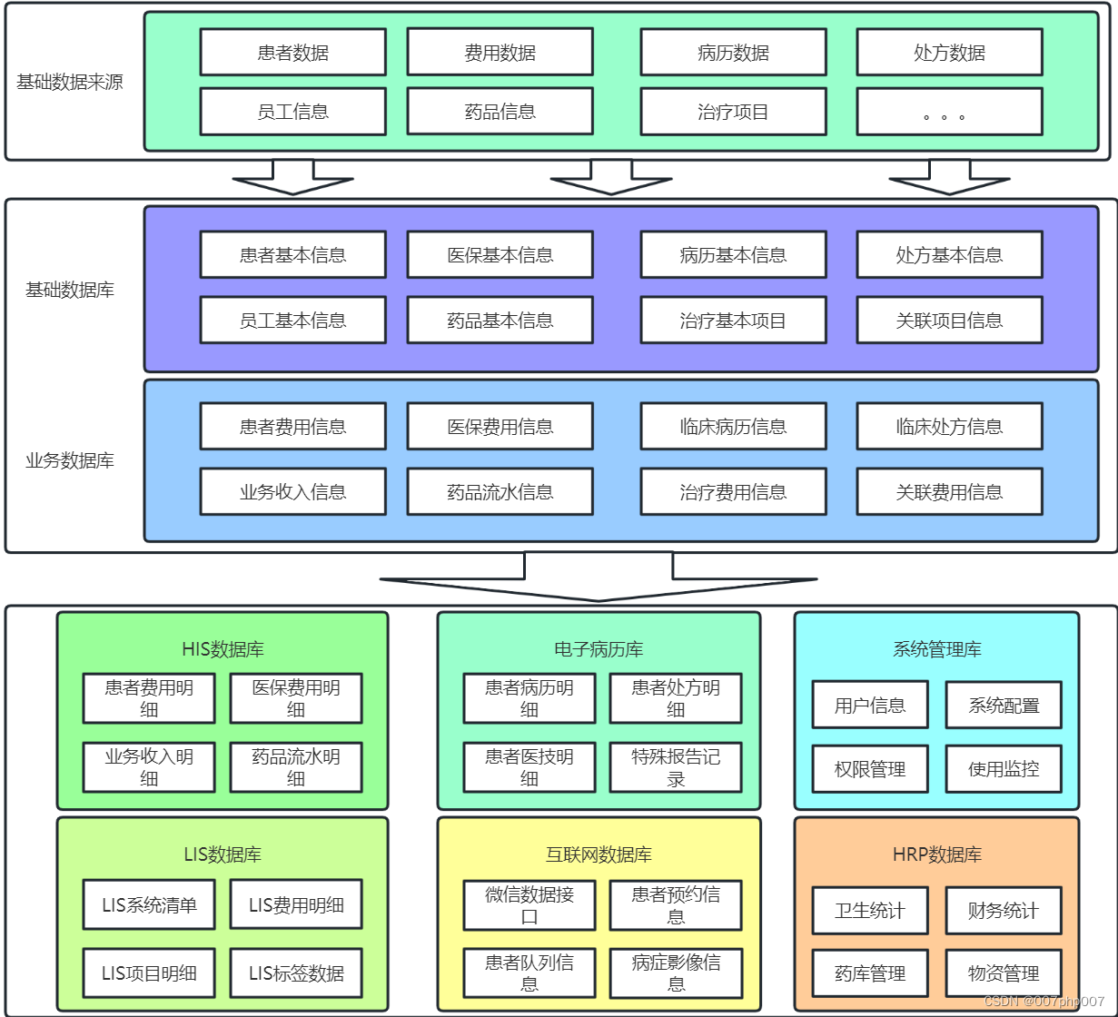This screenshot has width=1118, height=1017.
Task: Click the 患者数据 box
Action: tap(292, 53)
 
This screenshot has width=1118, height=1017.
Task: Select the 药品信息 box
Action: tap(500, 112)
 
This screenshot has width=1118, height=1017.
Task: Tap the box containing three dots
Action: tap(949, 112)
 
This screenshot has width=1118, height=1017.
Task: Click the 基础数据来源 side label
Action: tap(70, 83)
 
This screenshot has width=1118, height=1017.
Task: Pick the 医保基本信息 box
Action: tap(500, 255)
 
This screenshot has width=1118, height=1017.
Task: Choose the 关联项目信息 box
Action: tap(949, 321)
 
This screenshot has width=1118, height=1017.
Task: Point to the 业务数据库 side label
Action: tap(70, 460)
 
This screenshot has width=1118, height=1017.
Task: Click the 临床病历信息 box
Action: tap(733, 427)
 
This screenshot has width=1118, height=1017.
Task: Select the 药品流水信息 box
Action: tap(500, 492)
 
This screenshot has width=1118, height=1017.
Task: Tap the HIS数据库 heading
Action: tap(223, 649)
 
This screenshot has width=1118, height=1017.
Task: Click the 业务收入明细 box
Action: tap(149, 767)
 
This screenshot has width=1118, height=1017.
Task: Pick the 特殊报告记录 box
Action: tap(676, 767)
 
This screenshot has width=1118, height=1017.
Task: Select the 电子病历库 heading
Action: tap(599, 649)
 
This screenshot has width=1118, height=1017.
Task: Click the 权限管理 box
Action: tap(870, 770)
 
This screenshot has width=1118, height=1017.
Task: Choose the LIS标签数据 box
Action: tap(296, 974)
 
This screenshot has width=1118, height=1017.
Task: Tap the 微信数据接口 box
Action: tap(529, 905)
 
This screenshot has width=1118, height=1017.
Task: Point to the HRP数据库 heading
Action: tap(936, 854)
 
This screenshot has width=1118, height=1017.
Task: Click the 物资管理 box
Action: tap(1004, 974)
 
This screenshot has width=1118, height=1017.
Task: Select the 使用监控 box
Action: tap(1004, 770)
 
